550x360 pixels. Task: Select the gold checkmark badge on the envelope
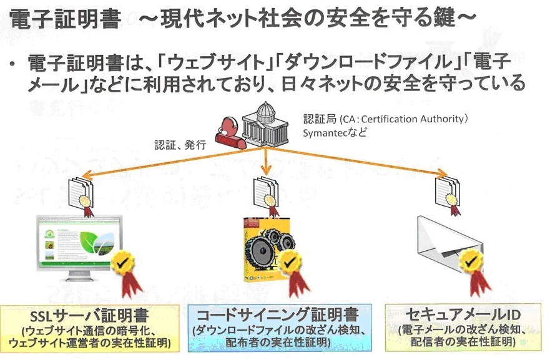[x=473, y=263]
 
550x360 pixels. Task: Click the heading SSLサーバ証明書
[x=90, y=314]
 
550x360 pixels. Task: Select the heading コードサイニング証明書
[x=277, y=314]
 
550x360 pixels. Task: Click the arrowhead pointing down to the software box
[x=268, y=170]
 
